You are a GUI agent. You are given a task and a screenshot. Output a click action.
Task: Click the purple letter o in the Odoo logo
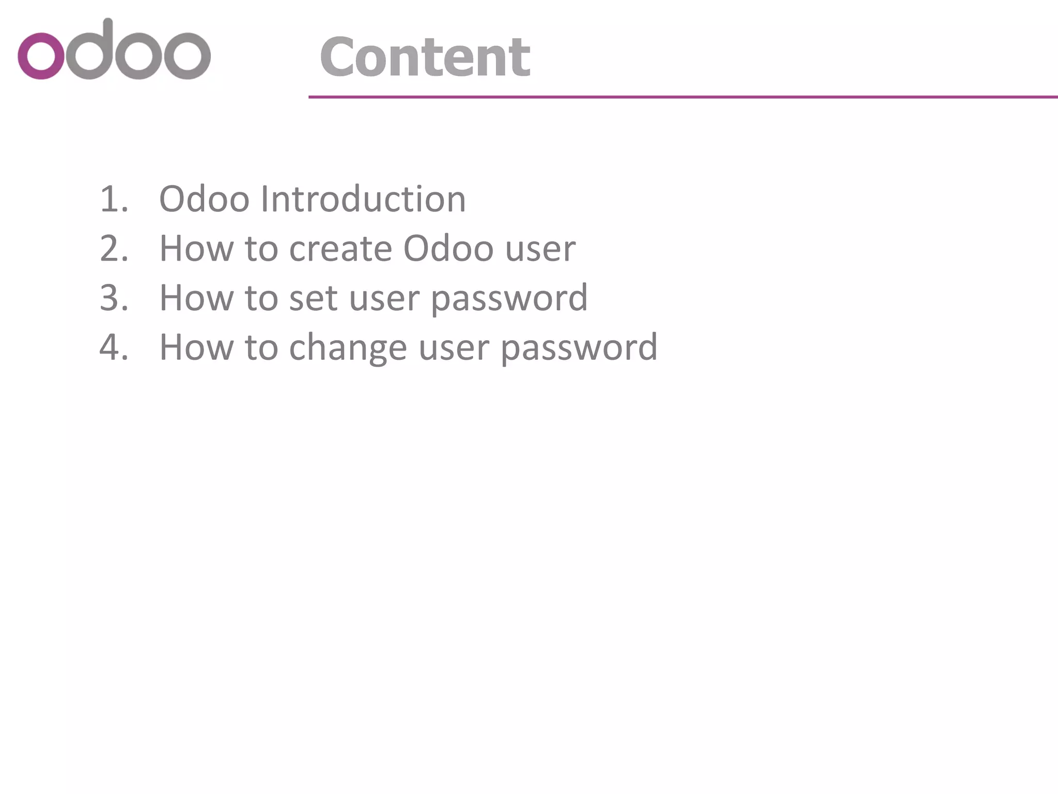click(x=41, y=56)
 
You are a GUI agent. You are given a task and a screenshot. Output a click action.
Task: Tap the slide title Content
click(x=425, y=57)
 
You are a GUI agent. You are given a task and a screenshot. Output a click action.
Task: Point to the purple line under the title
click(x=682, y=97)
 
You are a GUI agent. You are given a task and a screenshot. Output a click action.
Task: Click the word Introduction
click(x=363, y=199)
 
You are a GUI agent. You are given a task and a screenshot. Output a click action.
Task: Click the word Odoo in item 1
click(x=204, y=199)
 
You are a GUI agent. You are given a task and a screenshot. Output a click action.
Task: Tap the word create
click(x=340, y=249)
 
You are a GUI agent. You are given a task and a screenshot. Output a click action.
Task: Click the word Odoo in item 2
click(x=448, y=249)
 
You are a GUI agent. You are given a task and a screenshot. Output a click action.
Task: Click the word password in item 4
click(x=579, y=348)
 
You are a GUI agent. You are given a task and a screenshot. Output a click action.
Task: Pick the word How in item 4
click(x=196, y=347)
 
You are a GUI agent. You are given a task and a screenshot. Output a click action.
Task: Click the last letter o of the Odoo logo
click(x=187, y=56)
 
